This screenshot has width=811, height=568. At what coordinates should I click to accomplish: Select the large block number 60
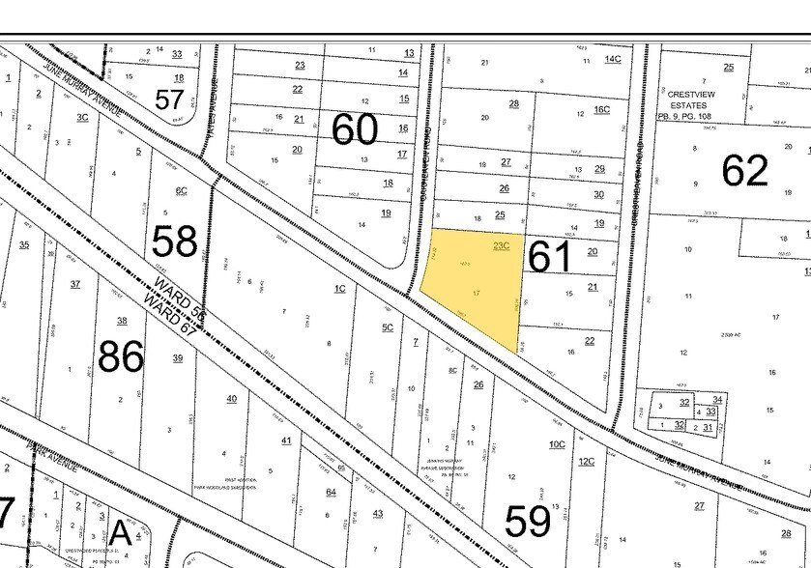click(x=354, y=128)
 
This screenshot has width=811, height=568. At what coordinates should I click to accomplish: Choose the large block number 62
click(x=744, y=170)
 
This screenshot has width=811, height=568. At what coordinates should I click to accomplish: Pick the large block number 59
click(x=528, y=522)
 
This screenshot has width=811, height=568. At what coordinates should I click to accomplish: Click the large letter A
click(x=120, y=532)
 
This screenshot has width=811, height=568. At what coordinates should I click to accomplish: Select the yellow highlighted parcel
click(x=474, y=285)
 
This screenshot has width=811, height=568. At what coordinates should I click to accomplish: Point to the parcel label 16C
click(x=601, y=110)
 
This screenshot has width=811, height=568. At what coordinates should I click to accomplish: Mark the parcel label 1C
click(x=339, y=288)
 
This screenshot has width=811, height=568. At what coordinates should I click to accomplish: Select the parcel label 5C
click(x=388, y=327)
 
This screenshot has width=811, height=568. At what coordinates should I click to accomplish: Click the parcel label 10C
click(x=556, y=444)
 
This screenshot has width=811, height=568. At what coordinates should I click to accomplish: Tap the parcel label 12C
click(x=586, y=461)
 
